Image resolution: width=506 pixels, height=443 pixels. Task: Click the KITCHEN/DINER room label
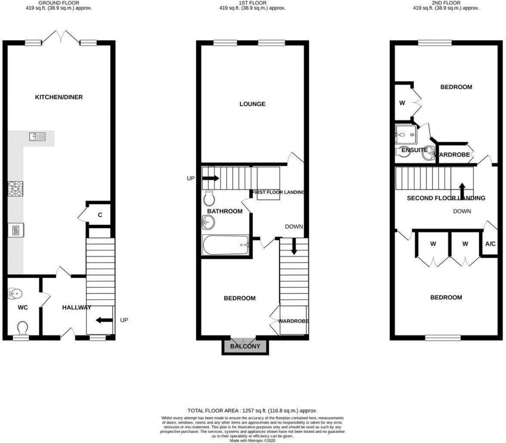[58, 97]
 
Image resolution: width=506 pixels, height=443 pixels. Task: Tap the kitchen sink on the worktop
[37, 137]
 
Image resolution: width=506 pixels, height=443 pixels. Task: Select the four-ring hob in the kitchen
[15, 189]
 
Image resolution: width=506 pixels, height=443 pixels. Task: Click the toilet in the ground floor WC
[23, 327]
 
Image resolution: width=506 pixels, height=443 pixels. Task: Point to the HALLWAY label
[77, 308]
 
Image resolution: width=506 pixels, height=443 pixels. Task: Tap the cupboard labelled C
[100, 215]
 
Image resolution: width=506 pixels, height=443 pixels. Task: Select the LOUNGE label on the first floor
[252, 104]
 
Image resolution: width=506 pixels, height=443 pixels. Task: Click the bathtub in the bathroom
[225, 244]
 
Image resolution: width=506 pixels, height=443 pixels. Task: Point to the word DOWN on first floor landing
[294, 227]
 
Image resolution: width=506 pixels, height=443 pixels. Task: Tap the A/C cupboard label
[490, 244]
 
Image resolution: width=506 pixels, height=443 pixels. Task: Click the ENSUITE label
[414, 150]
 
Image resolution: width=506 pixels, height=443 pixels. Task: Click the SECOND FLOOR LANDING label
[446, 198]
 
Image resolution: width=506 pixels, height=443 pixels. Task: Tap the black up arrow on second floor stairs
[462, 190]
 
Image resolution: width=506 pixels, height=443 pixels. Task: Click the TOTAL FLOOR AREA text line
[252, 410]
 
